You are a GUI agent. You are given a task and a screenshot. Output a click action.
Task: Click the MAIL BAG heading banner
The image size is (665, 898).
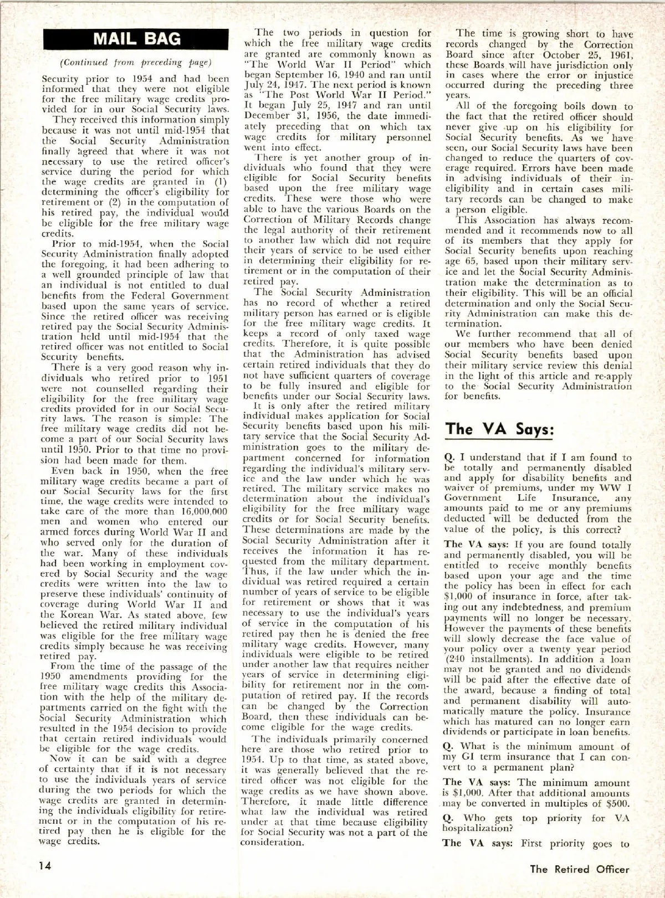coord(136,38)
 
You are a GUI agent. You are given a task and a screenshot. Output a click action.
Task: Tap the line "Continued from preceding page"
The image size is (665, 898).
coord(136,62)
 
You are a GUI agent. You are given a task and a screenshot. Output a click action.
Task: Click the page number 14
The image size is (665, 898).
coord(46,865)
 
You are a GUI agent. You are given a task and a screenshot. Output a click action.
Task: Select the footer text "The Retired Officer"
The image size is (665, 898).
coord(580,869)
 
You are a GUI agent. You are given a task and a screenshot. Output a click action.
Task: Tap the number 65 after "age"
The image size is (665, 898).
coord(475,261)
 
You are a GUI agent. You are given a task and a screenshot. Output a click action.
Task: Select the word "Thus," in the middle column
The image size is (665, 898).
coord(255,572)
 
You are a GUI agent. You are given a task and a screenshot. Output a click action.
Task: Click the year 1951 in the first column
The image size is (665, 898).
coord(216,378)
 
